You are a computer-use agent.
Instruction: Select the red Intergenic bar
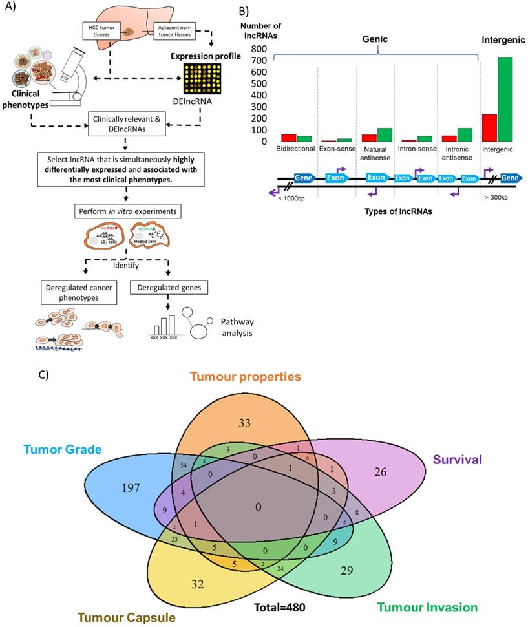[489, 127]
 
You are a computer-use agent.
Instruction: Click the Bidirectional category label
[295, 148]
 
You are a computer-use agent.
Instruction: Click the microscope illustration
[68, 76]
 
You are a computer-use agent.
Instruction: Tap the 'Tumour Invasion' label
[427, 606]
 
